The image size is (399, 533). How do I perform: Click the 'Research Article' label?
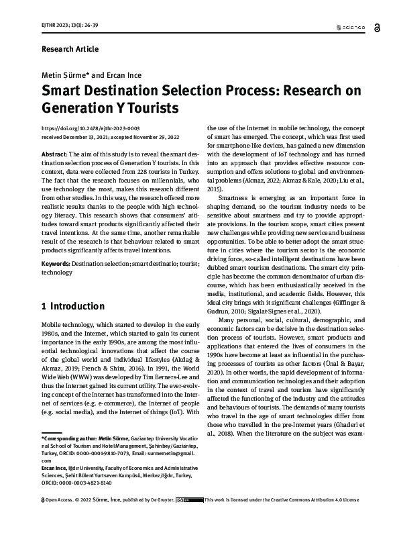pyautogui.click(x=70, y=49)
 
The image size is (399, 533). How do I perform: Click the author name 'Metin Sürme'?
pyautogui.click(x=64, y=76)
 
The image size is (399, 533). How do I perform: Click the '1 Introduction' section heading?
pyautogui.click(x=73, y=307)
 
